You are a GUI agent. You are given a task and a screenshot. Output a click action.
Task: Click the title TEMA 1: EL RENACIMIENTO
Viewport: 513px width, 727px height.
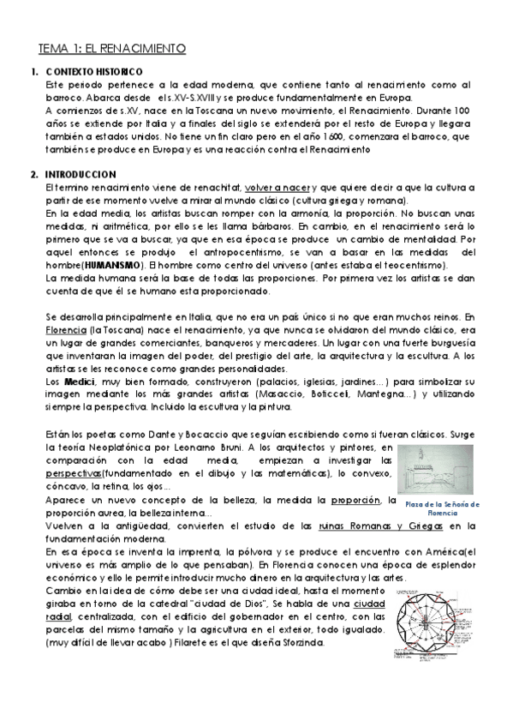tap(111, 50)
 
